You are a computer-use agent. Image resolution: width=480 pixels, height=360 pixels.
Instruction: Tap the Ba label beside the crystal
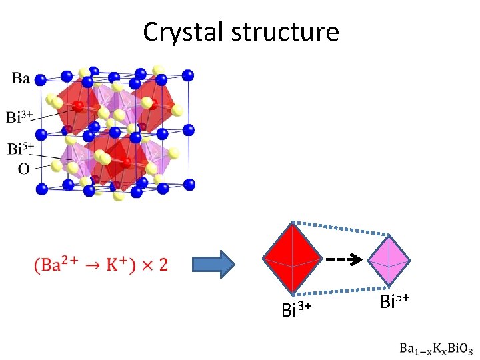pyautogui.click(x=21, y=79)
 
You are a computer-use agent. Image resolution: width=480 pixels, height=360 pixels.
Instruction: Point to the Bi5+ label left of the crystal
pyautogui.click(x=20, y=149)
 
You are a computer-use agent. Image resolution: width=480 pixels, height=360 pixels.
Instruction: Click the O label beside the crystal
pyautogui.click(x=23, y=169)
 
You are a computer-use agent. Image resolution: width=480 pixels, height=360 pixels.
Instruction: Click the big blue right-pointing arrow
pyautogui.click(x=213, y=265)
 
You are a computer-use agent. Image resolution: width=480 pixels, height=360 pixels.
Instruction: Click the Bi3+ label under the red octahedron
pyautogui.click(x=297, y=309)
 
